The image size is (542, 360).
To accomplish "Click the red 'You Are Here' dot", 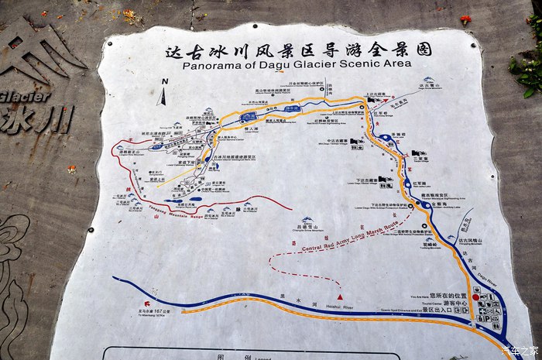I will (x=475, y=297).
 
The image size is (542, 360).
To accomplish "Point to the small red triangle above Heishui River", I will (x=339, y=297).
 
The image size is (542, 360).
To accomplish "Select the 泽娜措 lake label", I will (x=398, y=135).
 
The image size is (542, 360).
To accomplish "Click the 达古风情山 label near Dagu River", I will (x=470, y=240).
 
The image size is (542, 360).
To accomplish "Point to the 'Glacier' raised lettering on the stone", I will (x=25, y=96).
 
